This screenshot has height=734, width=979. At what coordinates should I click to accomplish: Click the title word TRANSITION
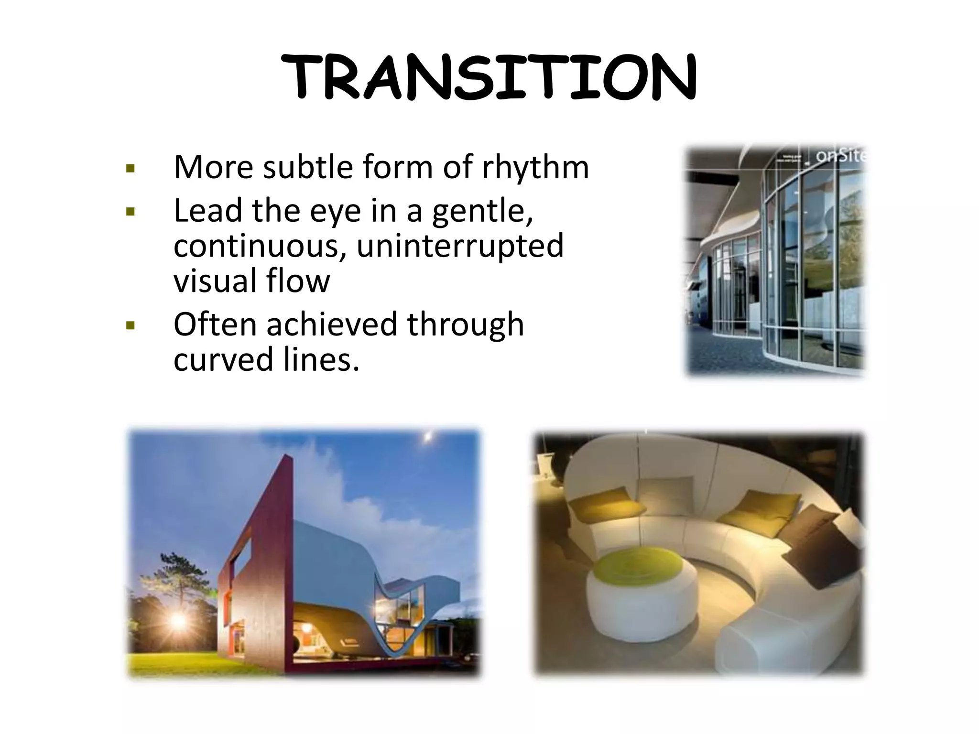[489, 78]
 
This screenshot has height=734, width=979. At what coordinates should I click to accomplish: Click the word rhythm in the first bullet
[535, 167]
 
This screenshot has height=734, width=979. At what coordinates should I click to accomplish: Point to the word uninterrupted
[460, 246]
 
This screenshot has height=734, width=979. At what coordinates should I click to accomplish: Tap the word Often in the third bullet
[214, 324]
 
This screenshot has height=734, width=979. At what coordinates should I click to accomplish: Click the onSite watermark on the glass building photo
[840, 156]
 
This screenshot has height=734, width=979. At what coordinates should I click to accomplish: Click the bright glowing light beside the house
[178, 620]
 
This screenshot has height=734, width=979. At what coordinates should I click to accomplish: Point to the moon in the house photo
[427, 436]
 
